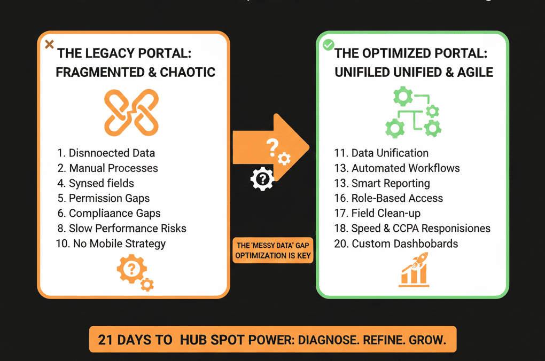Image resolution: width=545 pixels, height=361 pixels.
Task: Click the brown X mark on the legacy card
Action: pos(49,44)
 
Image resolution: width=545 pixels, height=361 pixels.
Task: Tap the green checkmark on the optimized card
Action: pos(328,45)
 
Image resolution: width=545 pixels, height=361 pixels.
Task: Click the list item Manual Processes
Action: pos(108,168)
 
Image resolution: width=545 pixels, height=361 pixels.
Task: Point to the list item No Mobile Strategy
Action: pos(111,244)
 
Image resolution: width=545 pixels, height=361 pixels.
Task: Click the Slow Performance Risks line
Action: pos(121,229)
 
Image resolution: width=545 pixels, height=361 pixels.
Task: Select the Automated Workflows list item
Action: pos(396,168)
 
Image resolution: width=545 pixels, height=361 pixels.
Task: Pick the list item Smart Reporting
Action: pos(381,183)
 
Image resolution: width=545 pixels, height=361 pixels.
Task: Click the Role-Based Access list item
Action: pos(388,198)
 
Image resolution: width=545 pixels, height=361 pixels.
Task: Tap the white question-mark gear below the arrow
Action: pos(261,179)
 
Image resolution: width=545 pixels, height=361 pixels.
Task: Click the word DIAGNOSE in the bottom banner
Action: pos(325,340)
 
